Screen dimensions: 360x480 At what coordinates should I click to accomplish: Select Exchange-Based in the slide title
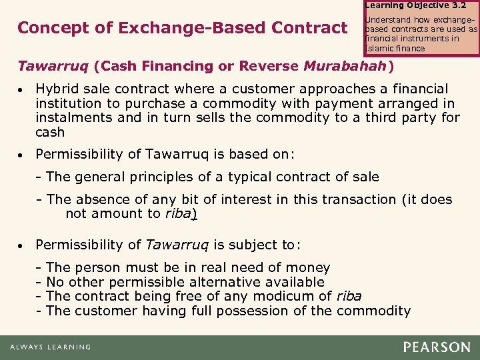pyautogui.click(x=167, y=28)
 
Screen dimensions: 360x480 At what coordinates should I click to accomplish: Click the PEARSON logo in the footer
pyautogui.click(x=437, y=347)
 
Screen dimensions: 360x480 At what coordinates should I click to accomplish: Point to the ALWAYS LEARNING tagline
pyautogui.click(x=50, y=347)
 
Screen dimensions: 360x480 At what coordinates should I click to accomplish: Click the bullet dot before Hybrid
pyautogui.click(x=21, y=89)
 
